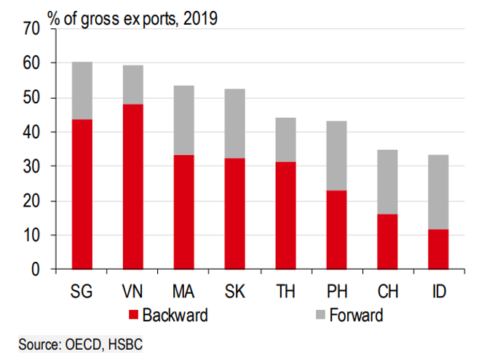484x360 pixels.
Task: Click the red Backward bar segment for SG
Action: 82,194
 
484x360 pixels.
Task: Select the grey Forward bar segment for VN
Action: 132,84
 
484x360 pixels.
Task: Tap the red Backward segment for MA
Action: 183,212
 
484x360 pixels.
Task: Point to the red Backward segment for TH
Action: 285,215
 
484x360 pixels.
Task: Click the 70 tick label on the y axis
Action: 31,29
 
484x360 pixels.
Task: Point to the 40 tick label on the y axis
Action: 31,132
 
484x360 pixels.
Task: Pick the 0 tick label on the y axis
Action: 35,270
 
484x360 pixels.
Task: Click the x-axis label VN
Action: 132,292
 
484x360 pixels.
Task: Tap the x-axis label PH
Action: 336,292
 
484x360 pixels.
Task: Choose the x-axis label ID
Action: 437,292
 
